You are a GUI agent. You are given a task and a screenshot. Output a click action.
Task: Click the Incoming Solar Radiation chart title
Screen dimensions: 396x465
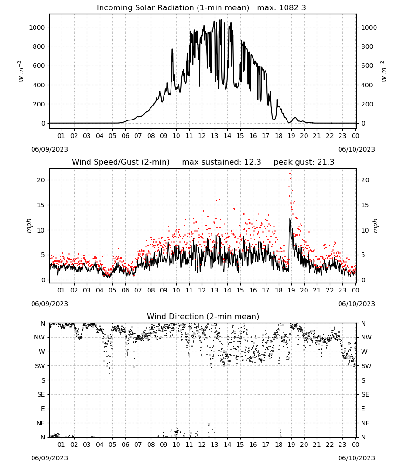[173, 8]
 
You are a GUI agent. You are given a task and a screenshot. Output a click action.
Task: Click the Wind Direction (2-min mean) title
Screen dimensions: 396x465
[203, 316]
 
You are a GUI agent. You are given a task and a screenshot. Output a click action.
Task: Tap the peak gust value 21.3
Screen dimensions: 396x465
[325, 162]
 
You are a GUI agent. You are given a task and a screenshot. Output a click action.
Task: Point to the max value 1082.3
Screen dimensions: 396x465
[293, 8]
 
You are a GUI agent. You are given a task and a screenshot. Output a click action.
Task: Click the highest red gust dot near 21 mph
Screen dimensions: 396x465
[290, 174]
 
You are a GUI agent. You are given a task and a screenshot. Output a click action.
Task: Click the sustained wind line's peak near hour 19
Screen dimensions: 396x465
[290, 219]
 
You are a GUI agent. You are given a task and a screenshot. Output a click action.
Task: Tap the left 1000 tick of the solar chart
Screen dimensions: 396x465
[37, 27]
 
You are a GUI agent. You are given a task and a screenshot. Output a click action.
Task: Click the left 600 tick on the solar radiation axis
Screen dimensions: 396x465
[39, 66]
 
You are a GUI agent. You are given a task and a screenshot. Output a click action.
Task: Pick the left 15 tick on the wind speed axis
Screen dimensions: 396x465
[41, 205]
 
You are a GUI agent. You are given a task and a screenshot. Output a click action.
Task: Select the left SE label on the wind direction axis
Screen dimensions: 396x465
[41, 394]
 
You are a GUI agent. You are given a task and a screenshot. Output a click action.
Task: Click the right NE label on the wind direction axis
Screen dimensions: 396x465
[365, 423]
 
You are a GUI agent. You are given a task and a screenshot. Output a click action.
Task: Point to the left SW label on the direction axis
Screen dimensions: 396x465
[40, 366]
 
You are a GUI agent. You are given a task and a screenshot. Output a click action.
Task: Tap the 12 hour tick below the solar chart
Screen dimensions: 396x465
[202, 136]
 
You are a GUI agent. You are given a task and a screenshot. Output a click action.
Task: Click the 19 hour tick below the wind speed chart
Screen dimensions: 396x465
[291, 290]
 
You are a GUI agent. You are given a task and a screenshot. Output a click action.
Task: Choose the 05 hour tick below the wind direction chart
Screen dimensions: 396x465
[112, 445]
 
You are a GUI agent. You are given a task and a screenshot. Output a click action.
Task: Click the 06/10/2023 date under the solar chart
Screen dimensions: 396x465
[356, 149]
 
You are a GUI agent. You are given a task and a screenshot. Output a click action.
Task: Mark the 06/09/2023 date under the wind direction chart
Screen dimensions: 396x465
[49, 458]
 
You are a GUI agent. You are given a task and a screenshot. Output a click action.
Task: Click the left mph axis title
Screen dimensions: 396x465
[29, 226]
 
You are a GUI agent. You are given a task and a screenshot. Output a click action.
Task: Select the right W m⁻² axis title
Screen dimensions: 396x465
[383, 72]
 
